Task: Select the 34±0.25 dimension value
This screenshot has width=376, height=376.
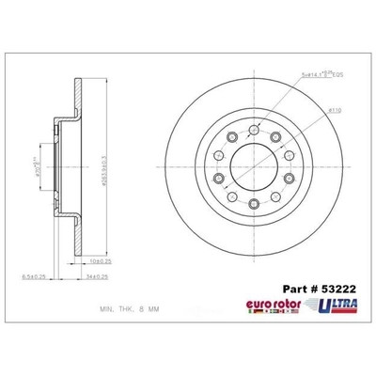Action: pos(99,275)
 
